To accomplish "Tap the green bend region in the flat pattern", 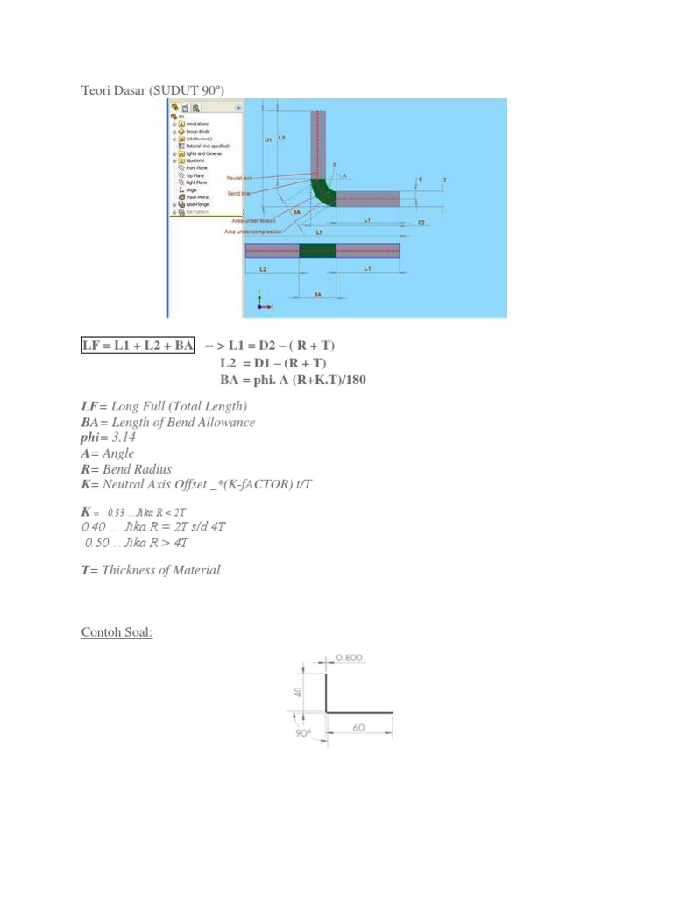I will pyautogui.click(x=316, y=250).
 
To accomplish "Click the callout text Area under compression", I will pyautogui.click(x=253, y=232).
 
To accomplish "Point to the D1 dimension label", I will pyautogui.click(x=267, y=139).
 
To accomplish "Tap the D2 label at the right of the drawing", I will pyautogui.click(x=421, y=223).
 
